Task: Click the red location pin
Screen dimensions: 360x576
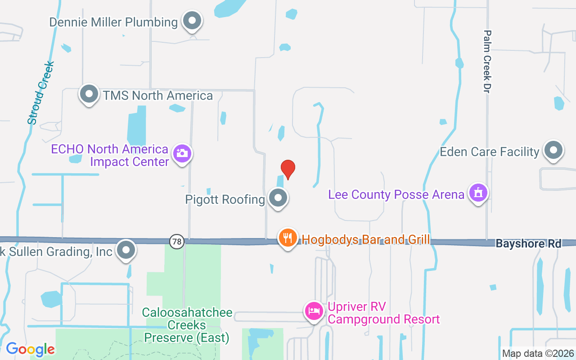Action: [288, 169]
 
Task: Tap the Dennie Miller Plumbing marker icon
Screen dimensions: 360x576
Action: [193, 20]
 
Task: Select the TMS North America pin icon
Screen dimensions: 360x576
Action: [89, 94]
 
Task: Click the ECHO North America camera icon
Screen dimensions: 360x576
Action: [182, 153]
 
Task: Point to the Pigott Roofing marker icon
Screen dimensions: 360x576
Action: [278, 198]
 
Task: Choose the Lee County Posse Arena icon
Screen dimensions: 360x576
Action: [478, 193]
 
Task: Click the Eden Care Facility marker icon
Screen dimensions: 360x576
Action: [553, 150]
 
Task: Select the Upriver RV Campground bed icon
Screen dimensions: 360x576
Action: [314, 310]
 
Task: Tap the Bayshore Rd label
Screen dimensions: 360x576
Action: [528, 243]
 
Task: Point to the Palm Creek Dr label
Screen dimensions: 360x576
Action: [487, 62]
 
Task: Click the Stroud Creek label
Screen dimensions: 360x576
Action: [40, 93]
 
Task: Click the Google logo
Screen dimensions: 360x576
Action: [30, 349]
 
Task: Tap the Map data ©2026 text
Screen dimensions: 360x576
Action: [538, 353]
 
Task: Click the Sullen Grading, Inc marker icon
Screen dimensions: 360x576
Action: [126, 250]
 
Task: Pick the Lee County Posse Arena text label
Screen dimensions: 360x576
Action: [396, 194]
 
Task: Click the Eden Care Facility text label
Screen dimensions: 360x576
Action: [489, 152]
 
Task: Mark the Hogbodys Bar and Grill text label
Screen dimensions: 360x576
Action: [365, 239]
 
